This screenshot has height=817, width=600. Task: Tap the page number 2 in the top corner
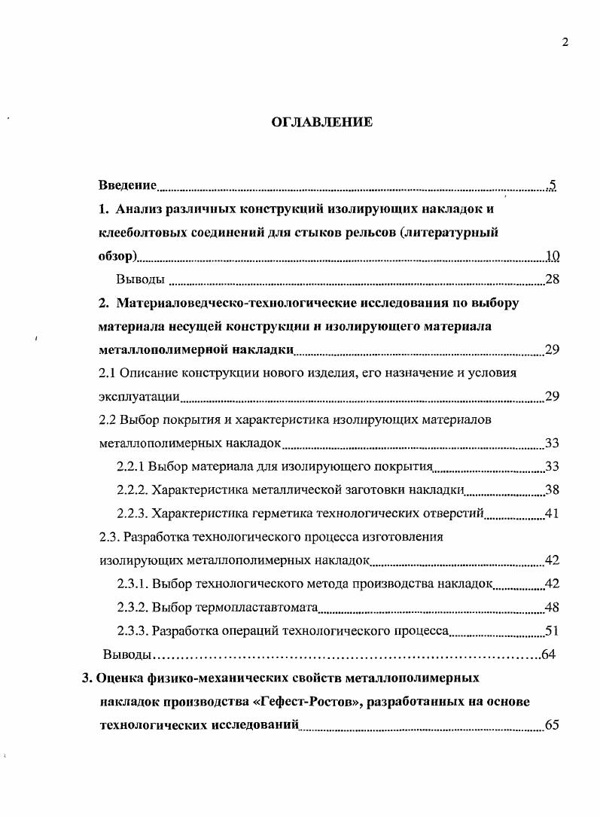tap(565, 42)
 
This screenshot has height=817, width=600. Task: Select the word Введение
tap(127, 184)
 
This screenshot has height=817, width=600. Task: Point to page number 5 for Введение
tap(552, 185)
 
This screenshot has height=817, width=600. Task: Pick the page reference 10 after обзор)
tap(552, 256)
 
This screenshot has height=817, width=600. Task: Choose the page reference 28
tap(552, 279)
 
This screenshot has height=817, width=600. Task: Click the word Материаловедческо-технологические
tap(218, 303)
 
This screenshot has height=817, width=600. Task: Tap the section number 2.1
tap(108, 373)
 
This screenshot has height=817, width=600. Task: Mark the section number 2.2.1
tap(131, 467)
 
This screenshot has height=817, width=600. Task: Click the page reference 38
tap(552, 490)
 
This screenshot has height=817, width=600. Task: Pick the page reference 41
tap(552, 514)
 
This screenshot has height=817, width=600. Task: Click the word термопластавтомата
tap(257, 607)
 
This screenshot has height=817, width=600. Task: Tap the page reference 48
tap(552, 607)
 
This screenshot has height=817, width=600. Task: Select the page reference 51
tap(552, 631)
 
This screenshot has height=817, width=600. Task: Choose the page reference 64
tap(549, 654)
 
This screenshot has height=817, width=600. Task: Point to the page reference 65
tap(552, 725)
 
